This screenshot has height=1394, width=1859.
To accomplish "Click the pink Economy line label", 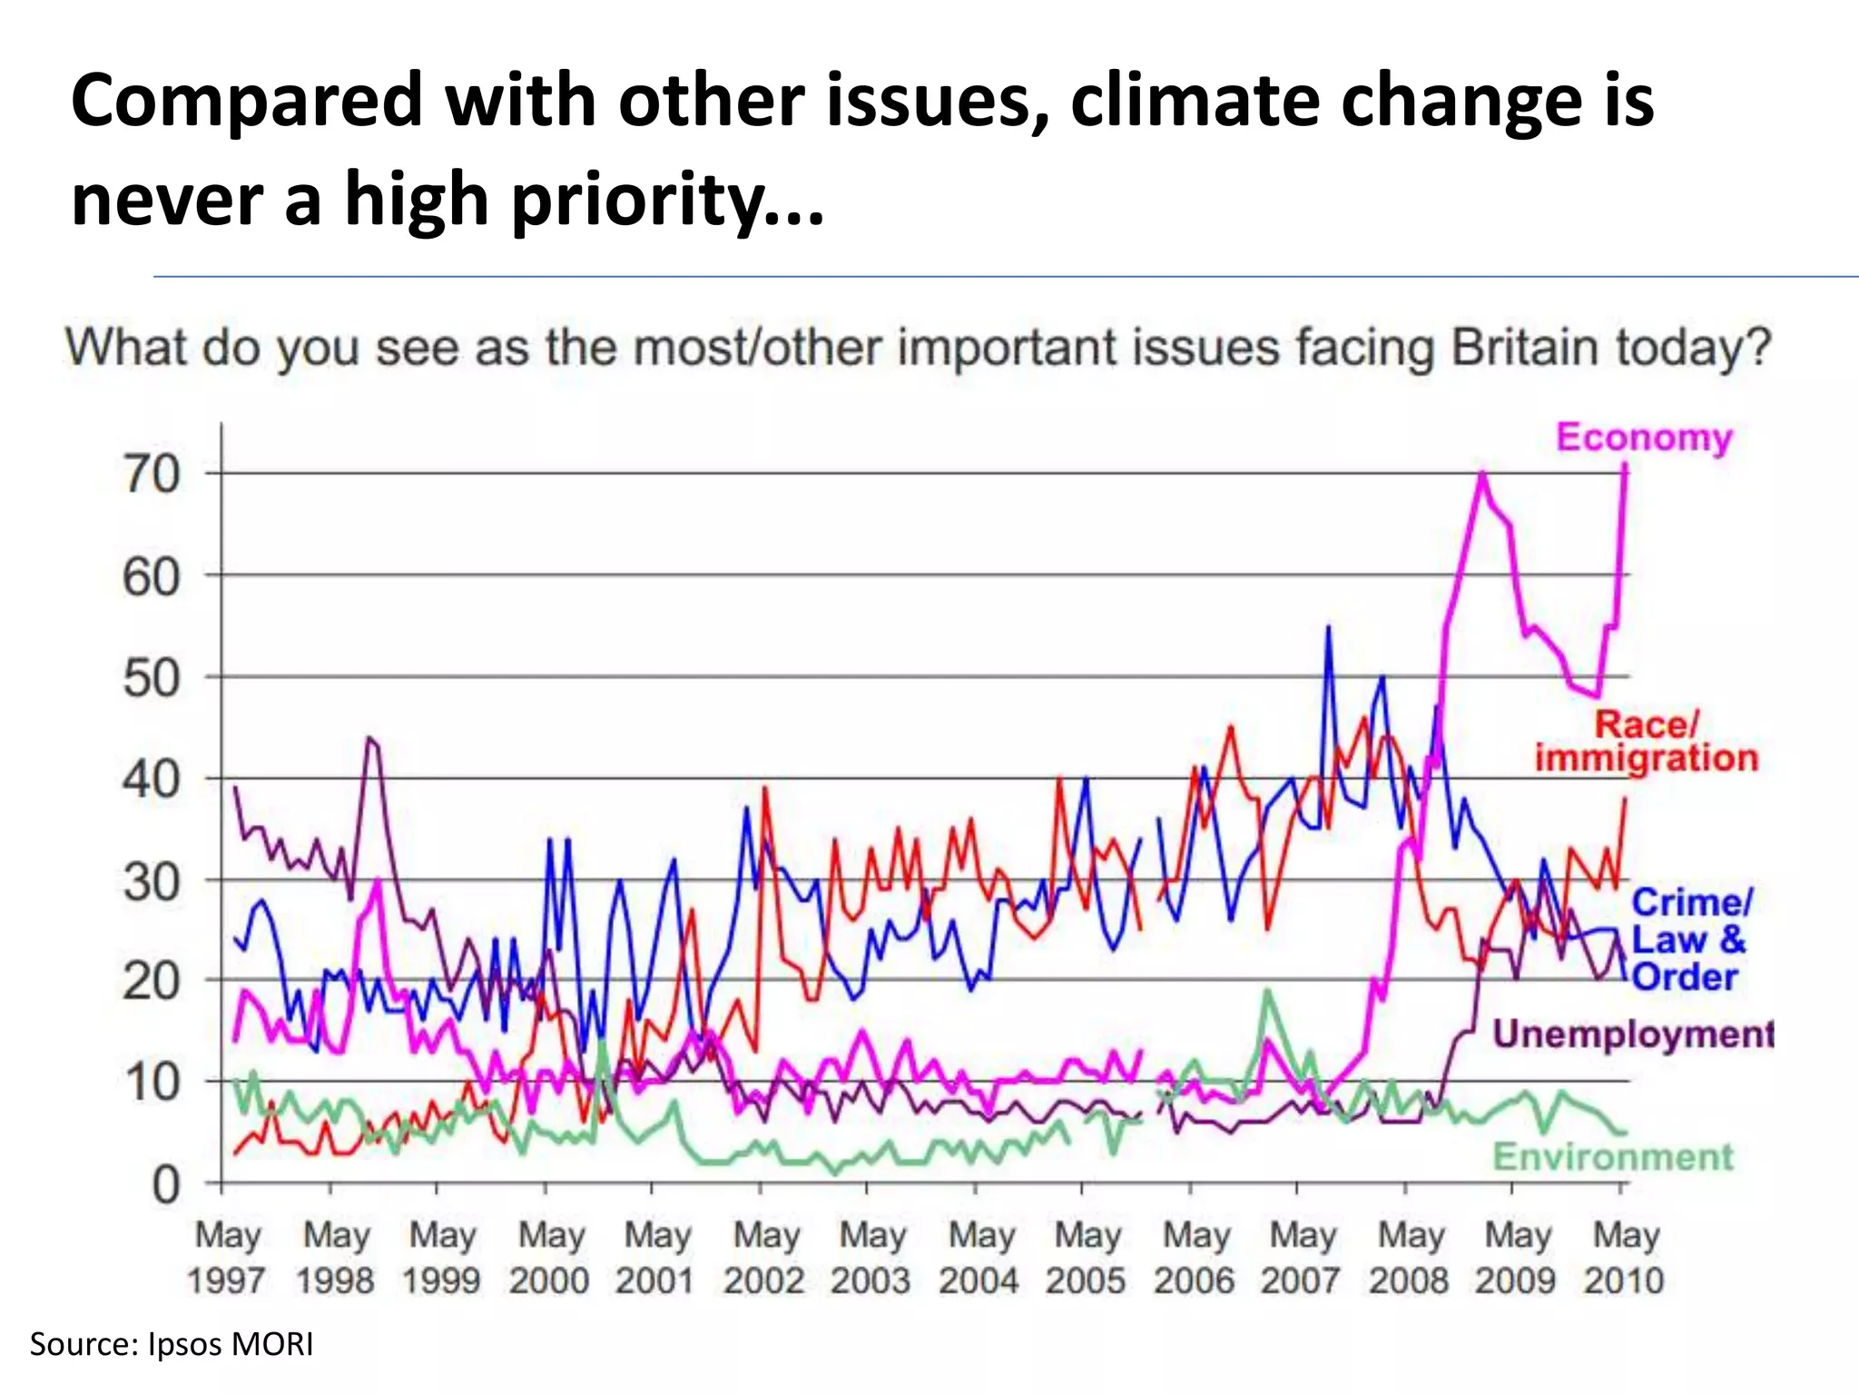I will coord(1644,437).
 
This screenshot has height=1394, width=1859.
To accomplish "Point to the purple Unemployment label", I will coord(1632,1034).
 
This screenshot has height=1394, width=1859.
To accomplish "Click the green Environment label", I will coord(1613,1157).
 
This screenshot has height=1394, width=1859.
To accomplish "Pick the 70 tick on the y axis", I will coord(152,474).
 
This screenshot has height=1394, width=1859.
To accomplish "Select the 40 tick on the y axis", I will coord(152,779).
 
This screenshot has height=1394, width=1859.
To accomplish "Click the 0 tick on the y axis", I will coord(166,1184).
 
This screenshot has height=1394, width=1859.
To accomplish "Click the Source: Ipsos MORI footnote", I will coord(172,1344).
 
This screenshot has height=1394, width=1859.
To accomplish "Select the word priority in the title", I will coord(635,200).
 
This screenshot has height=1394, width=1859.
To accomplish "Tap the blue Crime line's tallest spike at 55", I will coord(1328,627).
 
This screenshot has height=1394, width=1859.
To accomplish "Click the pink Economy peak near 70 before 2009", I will coord(1482,473).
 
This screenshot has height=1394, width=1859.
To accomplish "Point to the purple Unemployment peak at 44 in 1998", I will coord(369,738).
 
